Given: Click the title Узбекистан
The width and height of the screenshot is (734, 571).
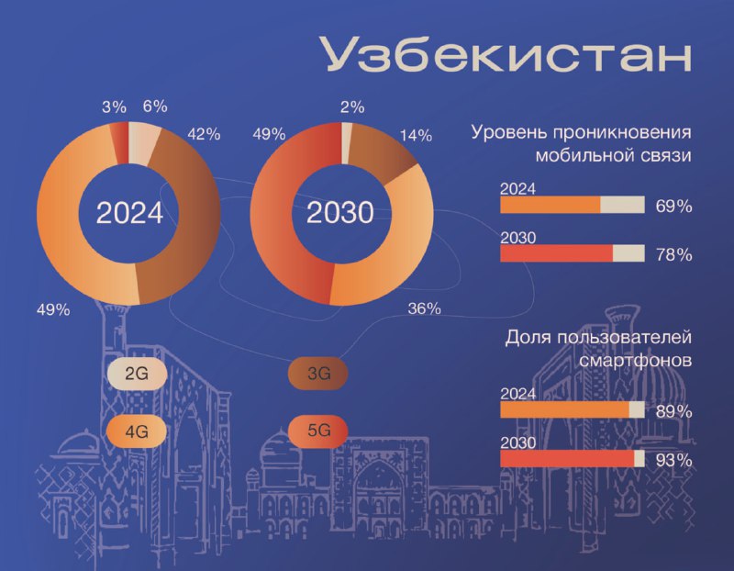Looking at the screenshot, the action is (506, 54).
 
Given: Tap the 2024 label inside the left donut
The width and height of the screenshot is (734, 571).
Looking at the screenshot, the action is (129, 213).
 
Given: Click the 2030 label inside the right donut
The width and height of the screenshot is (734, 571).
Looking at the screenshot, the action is (340, 213).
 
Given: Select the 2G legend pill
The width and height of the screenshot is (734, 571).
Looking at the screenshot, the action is (137, 375).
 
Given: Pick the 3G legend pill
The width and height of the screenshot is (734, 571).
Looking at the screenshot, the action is (318, 374).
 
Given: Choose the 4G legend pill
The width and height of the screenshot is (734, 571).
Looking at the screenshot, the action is (137, 431).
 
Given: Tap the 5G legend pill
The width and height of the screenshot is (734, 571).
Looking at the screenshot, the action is (318, 431).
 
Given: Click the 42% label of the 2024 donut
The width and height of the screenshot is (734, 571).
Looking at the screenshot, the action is (204, 135).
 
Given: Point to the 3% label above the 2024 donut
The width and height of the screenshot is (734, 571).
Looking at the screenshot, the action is (114, 107).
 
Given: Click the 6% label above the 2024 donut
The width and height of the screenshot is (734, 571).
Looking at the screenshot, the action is (155, 106).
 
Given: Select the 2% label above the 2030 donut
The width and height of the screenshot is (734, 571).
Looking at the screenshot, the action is (352, 107).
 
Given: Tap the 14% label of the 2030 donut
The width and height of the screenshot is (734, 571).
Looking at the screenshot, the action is (416, 136).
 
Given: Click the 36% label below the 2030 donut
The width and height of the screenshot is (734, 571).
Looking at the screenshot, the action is (424, 308).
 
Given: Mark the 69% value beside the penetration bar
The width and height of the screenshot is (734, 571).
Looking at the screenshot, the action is (674, 207).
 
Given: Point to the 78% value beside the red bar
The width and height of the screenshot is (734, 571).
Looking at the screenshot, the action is (674, 255).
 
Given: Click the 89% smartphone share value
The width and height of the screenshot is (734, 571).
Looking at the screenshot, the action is (674, 412).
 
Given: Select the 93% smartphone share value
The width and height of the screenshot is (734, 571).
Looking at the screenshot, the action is (674, 461).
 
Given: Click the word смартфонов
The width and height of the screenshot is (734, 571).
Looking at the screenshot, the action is (636, 361).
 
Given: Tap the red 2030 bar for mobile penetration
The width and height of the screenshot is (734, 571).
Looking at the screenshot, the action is (557, 254).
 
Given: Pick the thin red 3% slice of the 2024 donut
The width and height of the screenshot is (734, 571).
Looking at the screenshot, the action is (119, 143).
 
